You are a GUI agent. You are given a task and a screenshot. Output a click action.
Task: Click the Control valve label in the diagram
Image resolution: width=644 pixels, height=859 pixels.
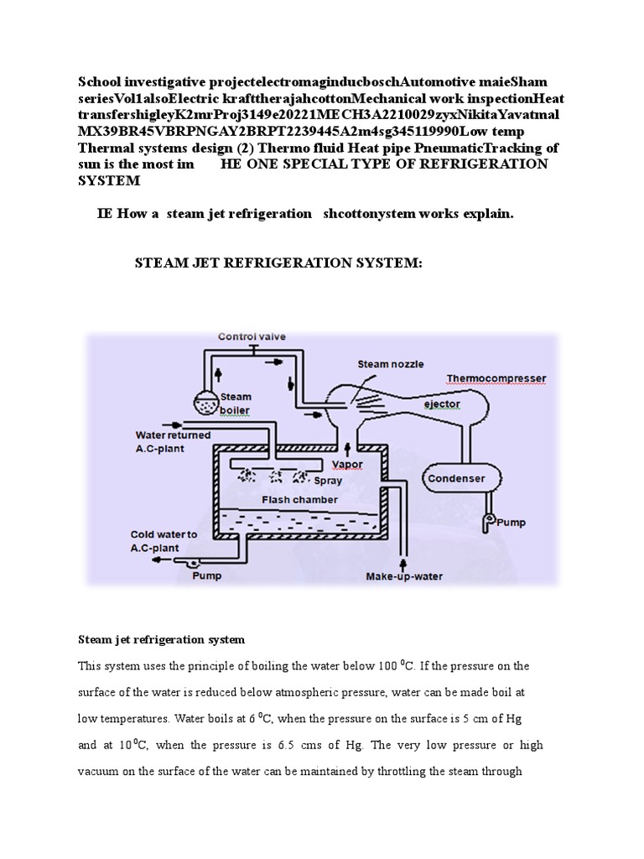(252, 336)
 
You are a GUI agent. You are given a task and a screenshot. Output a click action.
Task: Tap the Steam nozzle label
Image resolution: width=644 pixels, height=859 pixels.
(390, 364)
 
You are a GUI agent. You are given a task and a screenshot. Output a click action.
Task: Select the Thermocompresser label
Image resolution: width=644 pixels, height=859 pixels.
(496, 378)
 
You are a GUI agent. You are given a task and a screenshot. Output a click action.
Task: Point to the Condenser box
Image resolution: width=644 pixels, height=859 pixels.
(457, 479)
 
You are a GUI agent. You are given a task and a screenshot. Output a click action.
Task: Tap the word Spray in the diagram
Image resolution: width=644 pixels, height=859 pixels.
(328, 482)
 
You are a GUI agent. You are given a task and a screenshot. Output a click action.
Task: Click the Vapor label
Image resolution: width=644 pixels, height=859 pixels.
(348, 464)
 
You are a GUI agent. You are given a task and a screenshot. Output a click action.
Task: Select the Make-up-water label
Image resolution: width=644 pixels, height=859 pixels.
(404, 576)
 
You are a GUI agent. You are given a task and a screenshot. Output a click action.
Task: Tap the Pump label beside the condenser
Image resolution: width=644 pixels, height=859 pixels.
(512, 523)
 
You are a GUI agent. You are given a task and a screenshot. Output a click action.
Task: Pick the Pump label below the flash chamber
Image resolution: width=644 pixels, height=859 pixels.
(207, 576)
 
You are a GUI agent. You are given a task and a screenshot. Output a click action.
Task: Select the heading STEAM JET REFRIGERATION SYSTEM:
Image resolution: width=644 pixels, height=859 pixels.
(279, 263)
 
